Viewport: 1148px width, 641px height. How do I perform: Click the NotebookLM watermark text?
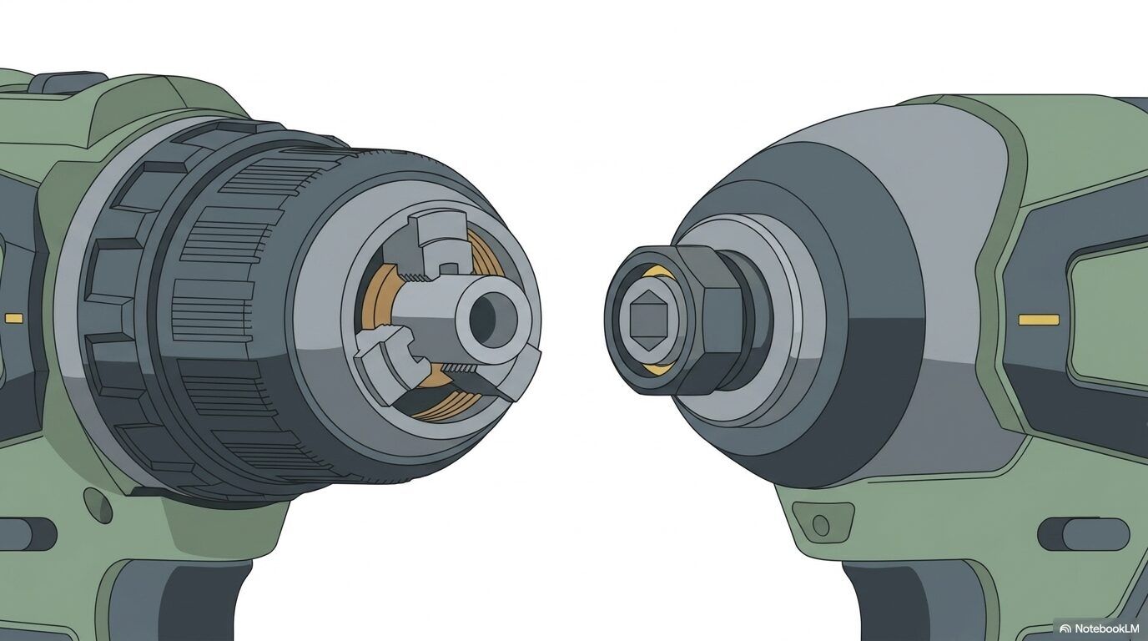1106,628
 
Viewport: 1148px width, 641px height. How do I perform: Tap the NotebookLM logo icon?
1065,628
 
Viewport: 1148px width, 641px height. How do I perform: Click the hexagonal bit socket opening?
647,319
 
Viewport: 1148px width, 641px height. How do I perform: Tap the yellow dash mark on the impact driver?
1039,320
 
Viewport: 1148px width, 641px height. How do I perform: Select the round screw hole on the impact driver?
820,525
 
